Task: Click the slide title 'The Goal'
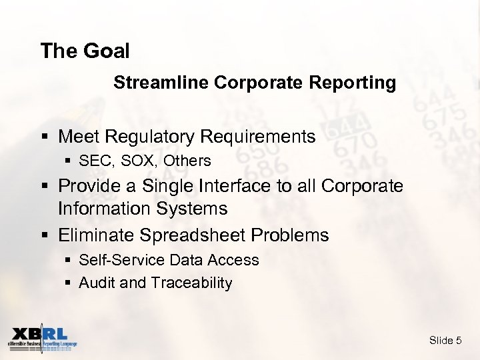(85, 51)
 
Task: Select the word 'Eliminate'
(97, 235)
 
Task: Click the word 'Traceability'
(191, 283)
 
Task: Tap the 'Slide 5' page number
(445, 341)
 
